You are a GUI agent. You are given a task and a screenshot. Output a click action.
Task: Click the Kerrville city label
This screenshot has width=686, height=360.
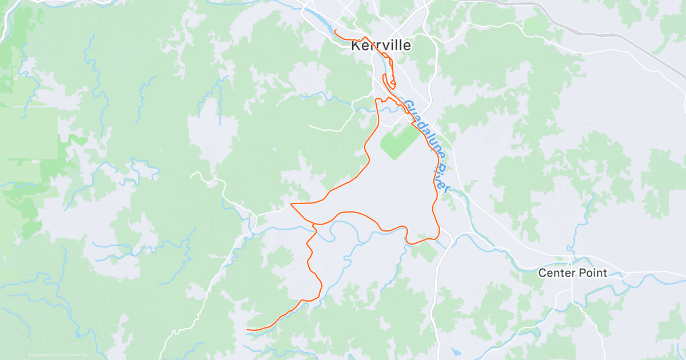[381, 46]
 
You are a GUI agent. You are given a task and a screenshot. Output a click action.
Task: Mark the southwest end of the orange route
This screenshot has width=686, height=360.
[248, 330]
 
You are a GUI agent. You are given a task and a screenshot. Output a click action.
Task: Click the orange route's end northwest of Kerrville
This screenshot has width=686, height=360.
[334, 30]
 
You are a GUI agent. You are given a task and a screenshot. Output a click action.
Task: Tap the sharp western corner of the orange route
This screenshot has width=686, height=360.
[292, 204]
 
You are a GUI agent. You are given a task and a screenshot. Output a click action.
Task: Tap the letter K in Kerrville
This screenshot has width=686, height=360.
[356, 46]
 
